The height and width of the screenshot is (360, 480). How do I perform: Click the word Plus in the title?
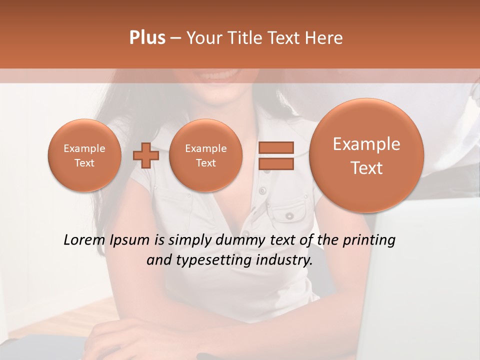click(147, 38)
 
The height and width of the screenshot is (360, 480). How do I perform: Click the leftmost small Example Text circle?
click(84, 155)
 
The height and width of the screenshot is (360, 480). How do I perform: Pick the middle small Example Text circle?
click(205, 155)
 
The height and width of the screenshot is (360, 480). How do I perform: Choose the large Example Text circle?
click(366, 155)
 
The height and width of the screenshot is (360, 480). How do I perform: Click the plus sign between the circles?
click(145, 155)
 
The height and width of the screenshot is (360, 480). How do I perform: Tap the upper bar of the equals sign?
click(275, 147)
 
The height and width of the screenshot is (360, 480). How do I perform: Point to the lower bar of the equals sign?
click(275, 163)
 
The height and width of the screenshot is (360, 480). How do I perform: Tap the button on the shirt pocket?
click(289, 216)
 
